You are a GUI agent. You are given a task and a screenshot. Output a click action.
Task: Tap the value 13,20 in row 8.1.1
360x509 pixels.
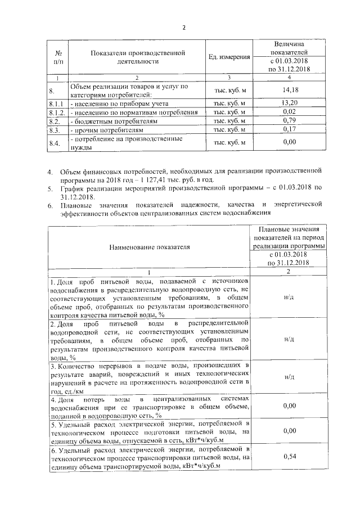coord(289,103)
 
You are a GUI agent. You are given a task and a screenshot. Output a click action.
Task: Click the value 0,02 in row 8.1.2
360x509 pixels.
coord(289,112)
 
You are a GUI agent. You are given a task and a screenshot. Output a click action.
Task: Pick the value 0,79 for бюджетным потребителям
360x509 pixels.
coord(289,121)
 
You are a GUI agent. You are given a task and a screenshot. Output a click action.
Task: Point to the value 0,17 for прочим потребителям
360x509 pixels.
coord(289,130)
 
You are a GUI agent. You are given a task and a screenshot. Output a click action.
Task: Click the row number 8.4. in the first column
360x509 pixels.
coord(55,143)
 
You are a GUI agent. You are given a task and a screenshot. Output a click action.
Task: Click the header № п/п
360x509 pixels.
coord(57,56)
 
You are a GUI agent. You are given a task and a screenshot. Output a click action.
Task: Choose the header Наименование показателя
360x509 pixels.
coord(149,246)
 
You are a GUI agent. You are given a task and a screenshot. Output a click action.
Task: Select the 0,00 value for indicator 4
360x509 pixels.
coord(289,405)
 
